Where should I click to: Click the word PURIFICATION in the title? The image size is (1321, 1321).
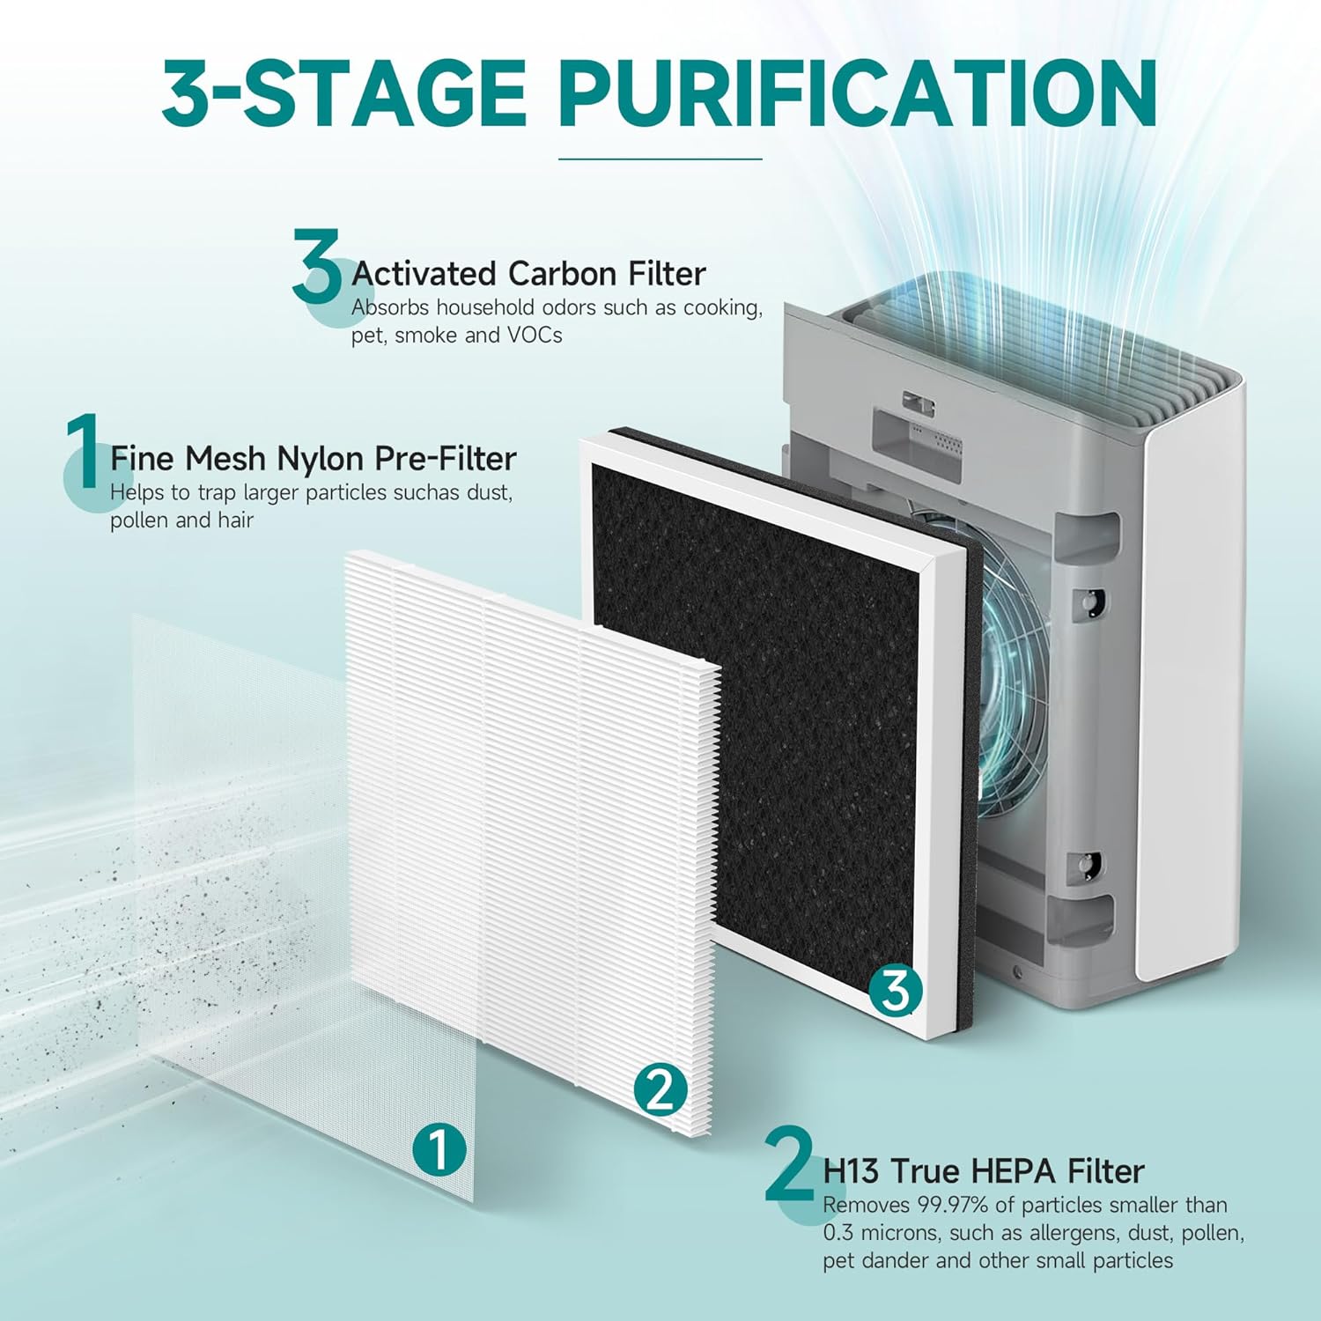[x=857, y=93]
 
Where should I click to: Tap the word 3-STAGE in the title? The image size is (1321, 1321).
[x=344, y=93]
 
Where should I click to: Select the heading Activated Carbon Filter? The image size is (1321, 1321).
[x=528, y=274]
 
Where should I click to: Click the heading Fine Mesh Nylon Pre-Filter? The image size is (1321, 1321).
[x=313, y=459]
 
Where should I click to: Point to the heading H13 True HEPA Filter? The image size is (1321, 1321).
[x=983, y=1171]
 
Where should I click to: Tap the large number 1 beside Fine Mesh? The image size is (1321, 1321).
[x=84, y=452]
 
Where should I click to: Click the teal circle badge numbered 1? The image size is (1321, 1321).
[x=439, y=1148]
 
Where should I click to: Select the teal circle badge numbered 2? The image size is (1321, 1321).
[x=660, y=1090]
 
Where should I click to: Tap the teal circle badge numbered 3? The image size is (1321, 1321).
[x=895, y=990]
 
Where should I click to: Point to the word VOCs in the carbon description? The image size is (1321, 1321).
[x=534, y=336]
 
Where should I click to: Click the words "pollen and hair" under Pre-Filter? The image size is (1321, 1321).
[x=181, y=520]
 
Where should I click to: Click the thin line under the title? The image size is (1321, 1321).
[x=660, y=159]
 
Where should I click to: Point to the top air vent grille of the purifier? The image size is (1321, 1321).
[x=1039, y=352]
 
